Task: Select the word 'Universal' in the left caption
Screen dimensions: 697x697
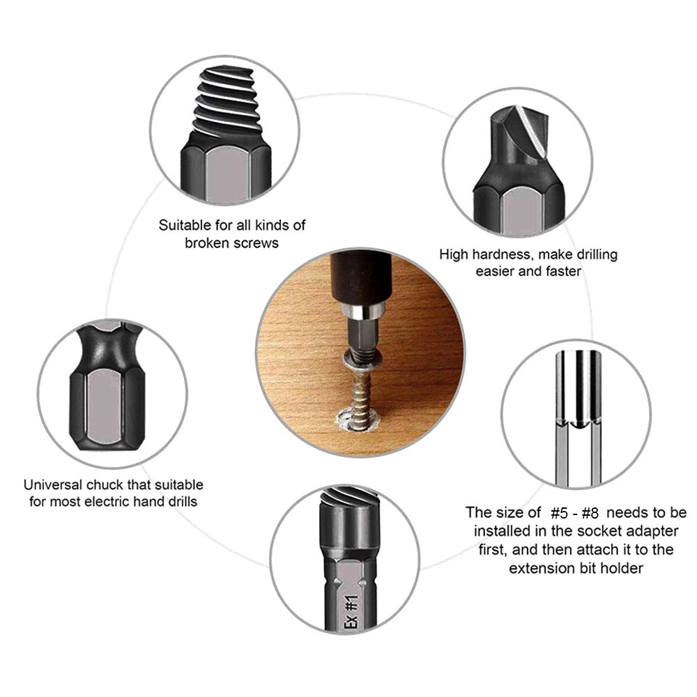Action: click(x=53, y=484)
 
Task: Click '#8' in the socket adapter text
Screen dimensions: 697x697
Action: click(x=590, y=514)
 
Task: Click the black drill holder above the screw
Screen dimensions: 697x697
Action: click(x=360, y=278)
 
